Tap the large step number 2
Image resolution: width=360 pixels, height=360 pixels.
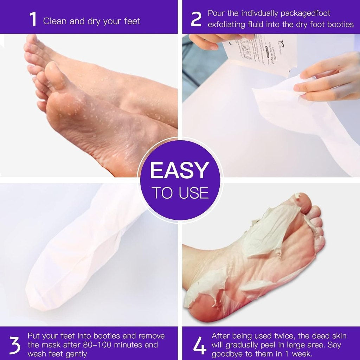click(x=196, y=20)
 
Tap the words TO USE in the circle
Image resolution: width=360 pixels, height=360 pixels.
click(x=180, y=193)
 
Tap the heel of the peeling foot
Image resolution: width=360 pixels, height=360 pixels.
click(x=202, y=302)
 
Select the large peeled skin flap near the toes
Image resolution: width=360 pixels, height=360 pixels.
click(x=271, y=229)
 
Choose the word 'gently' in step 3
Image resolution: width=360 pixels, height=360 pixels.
click(x=76, y=354)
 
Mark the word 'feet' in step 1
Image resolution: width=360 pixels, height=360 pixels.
click(x=132, y=21)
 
